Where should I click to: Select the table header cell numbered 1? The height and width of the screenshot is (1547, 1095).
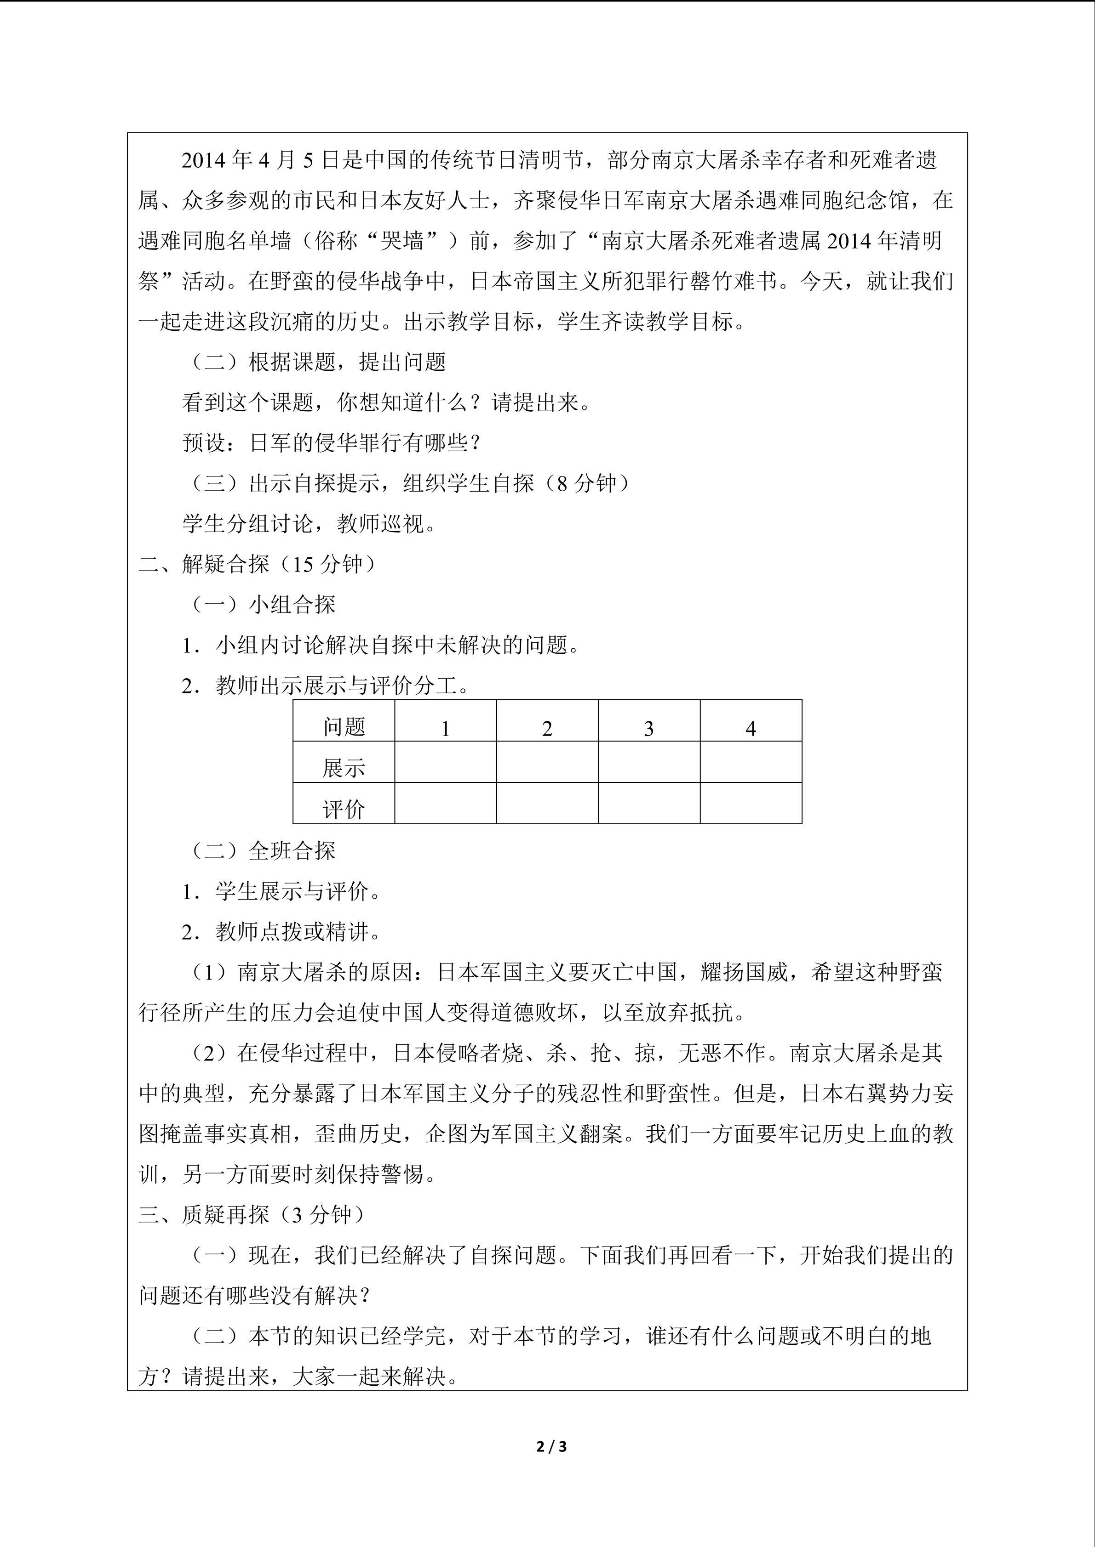[x=445, y=728]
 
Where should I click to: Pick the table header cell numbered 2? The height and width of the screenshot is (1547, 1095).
[x=547, y=728]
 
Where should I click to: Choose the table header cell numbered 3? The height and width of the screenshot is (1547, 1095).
[x=648, y=728]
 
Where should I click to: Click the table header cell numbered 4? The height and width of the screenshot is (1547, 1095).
[x=751, y=728]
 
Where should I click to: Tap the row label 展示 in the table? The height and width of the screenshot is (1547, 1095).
[x=344, y=767]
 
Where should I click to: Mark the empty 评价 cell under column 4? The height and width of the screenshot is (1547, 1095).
[x=751, y=803]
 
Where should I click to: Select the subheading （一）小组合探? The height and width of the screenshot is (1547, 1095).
[x=264, y=604]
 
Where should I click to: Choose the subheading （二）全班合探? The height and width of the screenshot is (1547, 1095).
[x=264, y=850]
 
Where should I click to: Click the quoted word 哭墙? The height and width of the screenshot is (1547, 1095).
[x=402, y=241]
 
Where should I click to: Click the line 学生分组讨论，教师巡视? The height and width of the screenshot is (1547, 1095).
[x=309, y=523]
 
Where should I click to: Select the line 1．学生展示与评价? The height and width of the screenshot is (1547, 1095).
[x=281, y=891]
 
